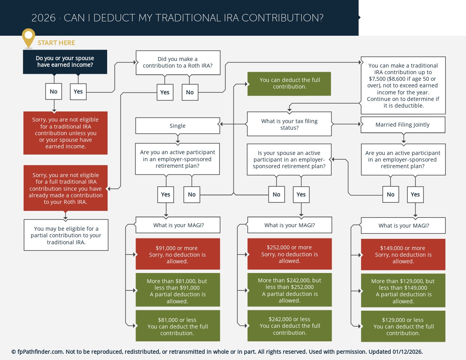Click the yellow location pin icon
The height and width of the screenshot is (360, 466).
tap(28, 37)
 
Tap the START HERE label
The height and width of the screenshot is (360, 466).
tap(56, 43)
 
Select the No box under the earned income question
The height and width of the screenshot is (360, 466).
tap(54, 92)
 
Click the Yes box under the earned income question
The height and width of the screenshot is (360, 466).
tap(78, 92)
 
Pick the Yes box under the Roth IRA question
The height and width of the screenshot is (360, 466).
tap(165, 92)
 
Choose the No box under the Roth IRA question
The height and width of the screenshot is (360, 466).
tap(190, 92)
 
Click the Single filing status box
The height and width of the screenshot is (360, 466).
tap(177, 126)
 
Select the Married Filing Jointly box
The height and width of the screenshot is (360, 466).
tap(403, 125)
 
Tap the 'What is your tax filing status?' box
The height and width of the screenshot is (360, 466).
tap(289, 124)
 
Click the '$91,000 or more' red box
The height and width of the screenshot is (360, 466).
tap(177, 254)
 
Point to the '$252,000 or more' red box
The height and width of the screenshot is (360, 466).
tap(289, 254)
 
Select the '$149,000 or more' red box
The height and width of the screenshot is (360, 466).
tap(403, 254)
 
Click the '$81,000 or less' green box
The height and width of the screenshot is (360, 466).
tap(177, 326)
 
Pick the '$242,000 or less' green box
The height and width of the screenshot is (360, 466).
tap(289, 326)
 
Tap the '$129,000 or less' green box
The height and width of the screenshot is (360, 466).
tap(403, 326)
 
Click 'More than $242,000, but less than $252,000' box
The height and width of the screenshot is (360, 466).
tap(289, 290)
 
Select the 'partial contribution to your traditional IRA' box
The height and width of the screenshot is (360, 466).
tap(66, 235)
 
